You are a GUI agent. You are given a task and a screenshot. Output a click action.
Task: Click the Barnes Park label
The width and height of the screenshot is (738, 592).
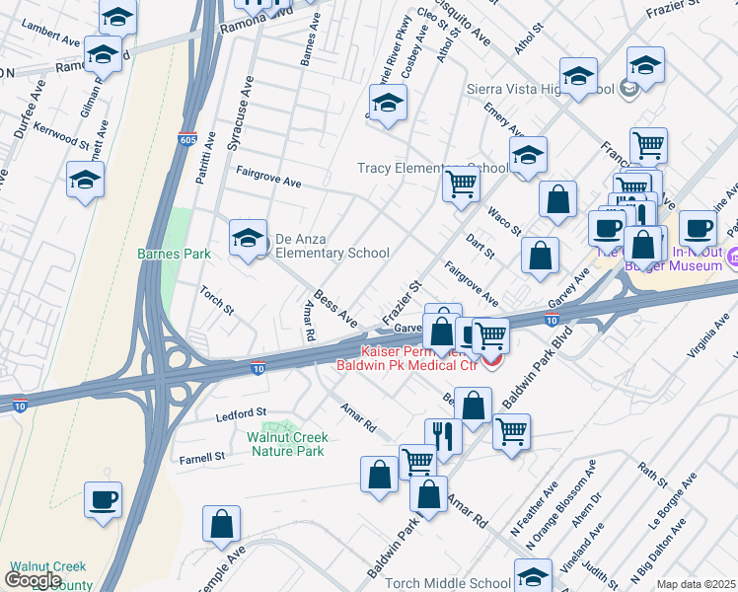click(174, 254)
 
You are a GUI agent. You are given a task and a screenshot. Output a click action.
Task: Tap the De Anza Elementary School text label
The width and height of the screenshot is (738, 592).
click(332, 246)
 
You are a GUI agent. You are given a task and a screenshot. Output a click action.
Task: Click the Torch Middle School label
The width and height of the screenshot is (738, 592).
click(449, 583)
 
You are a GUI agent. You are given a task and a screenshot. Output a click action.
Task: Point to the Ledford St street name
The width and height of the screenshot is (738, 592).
click(242, 412)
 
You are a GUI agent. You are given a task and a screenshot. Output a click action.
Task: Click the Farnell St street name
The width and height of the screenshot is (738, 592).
click(202, 457)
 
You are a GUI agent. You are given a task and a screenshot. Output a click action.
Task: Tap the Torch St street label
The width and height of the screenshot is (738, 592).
click(216, 301)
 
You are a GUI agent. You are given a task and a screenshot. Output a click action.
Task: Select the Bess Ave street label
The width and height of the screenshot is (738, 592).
click(335, 308)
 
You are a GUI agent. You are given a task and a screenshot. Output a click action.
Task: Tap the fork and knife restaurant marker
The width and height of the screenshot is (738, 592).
click(443, 435)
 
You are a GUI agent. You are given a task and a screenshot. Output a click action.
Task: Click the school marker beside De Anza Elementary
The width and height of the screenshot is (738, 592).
click(248, 237)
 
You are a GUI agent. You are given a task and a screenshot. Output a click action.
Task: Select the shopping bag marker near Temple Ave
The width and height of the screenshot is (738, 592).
click(222, 523)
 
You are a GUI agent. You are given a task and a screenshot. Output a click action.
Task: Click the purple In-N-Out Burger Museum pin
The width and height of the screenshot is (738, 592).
click(731, 259)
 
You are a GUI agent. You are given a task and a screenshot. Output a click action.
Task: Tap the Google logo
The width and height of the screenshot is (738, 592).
click(33, 580)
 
